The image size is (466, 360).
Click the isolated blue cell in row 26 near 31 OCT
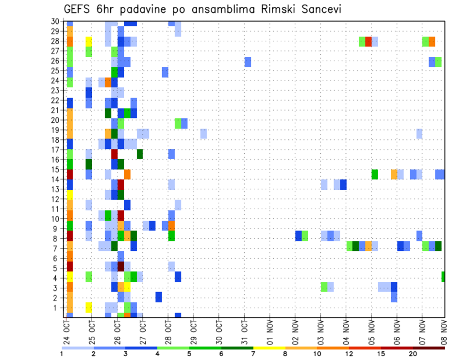point(248,62)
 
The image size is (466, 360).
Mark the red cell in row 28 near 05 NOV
point(368,41)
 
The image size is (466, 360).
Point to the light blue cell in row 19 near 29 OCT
point(203,133)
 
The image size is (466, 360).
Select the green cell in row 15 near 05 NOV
point(375,174)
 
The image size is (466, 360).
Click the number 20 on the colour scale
point(413,354)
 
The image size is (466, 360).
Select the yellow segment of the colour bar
point(269,348)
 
